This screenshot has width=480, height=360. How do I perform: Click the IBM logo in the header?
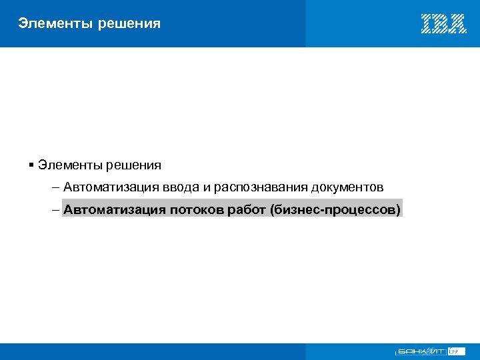[x=443, y=24]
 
